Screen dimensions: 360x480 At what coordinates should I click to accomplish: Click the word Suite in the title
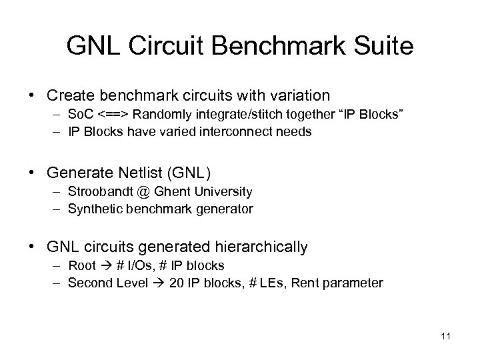pos(382,46)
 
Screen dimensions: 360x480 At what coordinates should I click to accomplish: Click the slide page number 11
pos(445,336)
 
